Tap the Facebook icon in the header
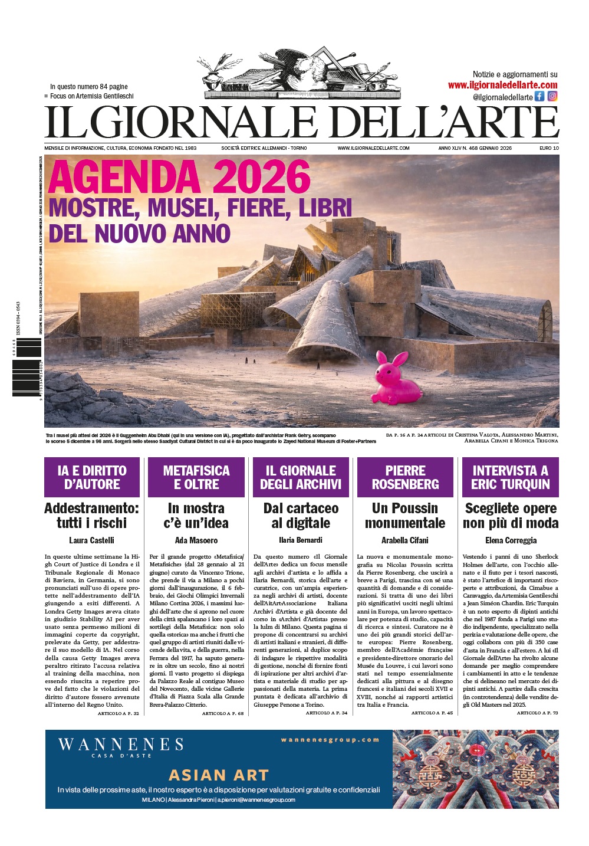(x=539, y=96)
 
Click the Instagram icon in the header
(x=552, y=96)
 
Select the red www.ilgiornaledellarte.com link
(x=502, y=85)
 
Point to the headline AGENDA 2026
(x=179, y=177)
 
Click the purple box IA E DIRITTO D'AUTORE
(x=92, y=477)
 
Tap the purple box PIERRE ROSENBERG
(x=405, y=477)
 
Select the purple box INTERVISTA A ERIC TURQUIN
(x=510, y=477)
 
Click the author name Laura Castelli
(x=91, y=540)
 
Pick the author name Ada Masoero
(x=196, y=540)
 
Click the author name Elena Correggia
(x=511, y=540)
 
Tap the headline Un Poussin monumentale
(x=405, y=516)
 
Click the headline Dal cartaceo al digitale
(x=301, y=516)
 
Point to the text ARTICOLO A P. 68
(x=223, y=713)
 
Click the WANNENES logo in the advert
(x=121, y=746)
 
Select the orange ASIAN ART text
(x=219, y=775)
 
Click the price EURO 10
(x=549, y=148)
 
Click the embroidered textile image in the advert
(x=475, y=769)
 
